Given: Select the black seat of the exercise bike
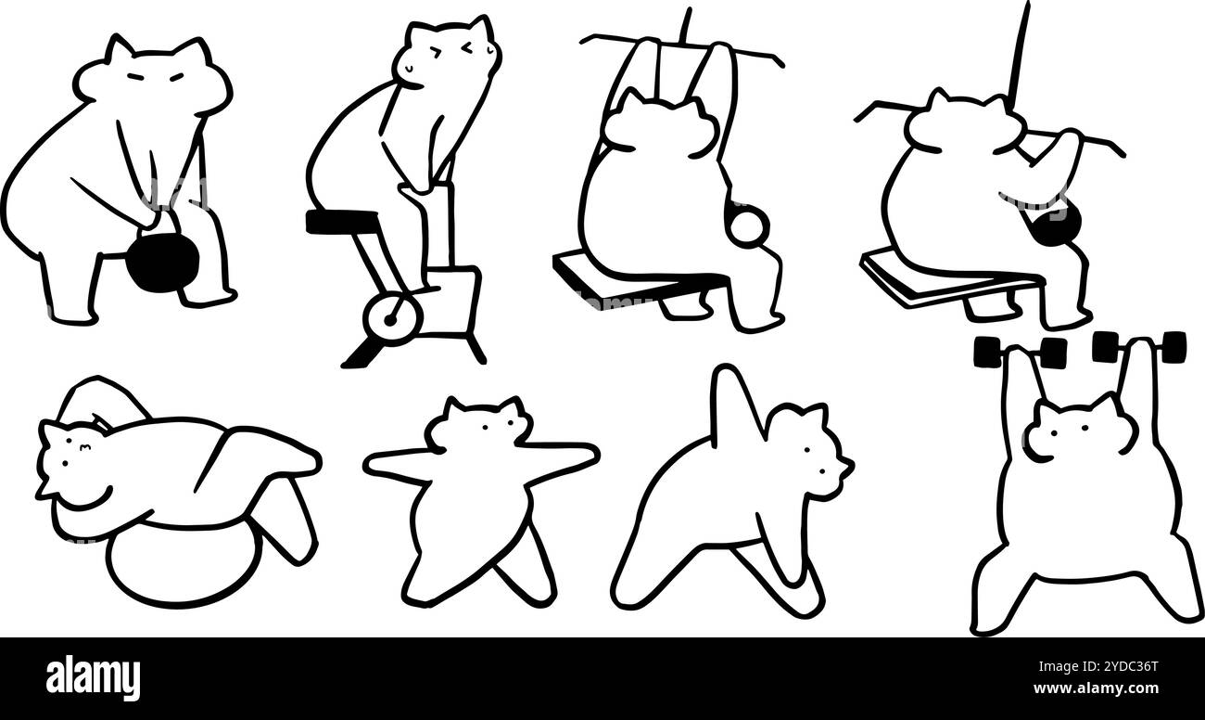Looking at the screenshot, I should tap(341, 221).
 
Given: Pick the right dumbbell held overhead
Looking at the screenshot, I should tap(1138, 346).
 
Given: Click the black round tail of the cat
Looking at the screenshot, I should tap(1053, 225).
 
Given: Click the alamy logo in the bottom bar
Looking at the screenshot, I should tap(93, 678).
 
